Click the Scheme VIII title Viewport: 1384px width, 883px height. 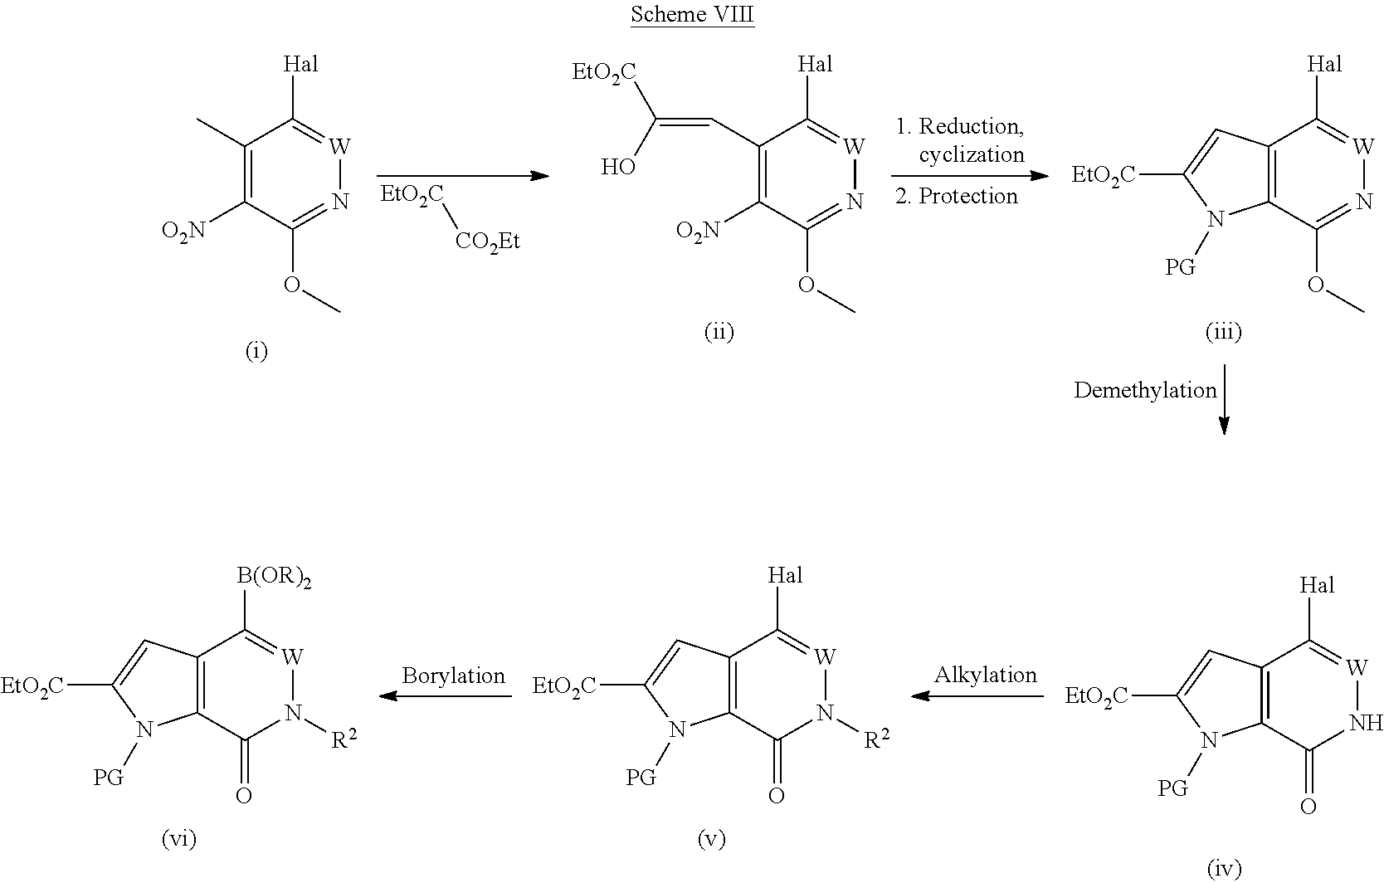[692, 14]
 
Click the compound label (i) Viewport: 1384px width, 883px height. [257, 353]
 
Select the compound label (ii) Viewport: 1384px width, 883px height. [719, 333]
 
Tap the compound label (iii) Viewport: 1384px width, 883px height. [1224, 333]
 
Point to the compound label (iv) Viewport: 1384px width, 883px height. [1224, 868]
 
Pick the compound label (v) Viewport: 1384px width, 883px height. [711, 840]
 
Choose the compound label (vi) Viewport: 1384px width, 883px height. [178, 840]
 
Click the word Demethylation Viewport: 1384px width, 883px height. [1145, 391]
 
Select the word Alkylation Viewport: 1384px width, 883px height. [986, 676]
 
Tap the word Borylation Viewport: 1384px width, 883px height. [453, 676]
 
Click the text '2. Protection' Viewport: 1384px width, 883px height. [956, 196]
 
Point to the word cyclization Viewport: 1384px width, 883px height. [971, 155]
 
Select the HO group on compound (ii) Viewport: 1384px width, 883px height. [618, 168]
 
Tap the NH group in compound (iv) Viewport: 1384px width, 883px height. [1365, 723]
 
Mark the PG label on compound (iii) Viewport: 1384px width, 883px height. [1181, 268]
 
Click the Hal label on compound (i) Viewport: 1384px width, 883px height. [300, 64]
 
